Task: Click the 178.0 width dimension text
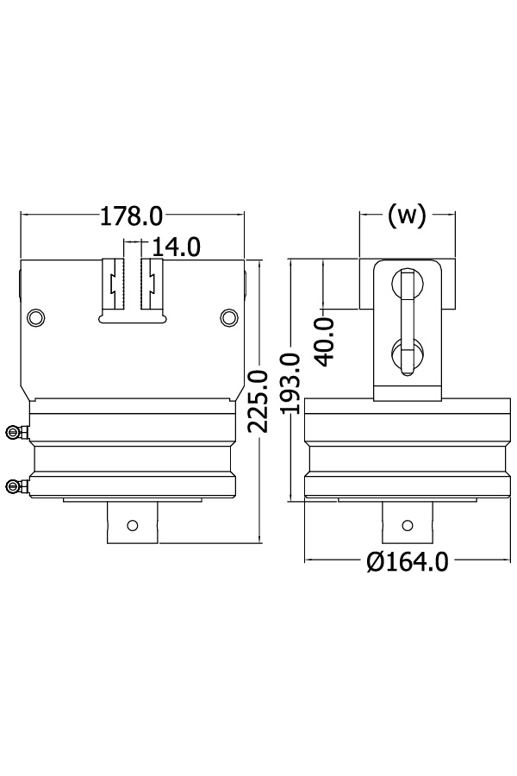pos(131,216)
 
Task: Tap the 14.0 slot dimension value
pos(176,247)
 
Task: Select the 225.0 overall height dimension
pos(258,401)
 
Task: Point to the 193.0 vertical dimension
pos(290,383)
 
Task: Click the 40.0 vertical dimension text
pos(325,342)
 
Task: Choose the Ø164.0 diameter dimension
pos(408,561)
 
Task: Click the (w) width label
pos(407,216)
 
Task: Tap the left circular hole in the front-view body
pos(36,317)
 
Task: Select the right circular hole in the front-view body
pos(228,317)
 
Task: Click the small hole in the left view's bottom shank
pos(132,525)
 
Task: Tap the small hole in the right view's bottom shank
pos(408,525)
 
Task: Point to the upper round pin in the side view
pos(408,284)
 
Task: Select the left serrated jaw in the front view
pos(113,284)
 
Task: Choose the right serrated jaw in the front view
pos(152,284)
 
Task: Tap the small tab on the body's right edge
pos(245,284)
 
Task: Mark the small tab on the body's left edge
pos(21,284)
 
